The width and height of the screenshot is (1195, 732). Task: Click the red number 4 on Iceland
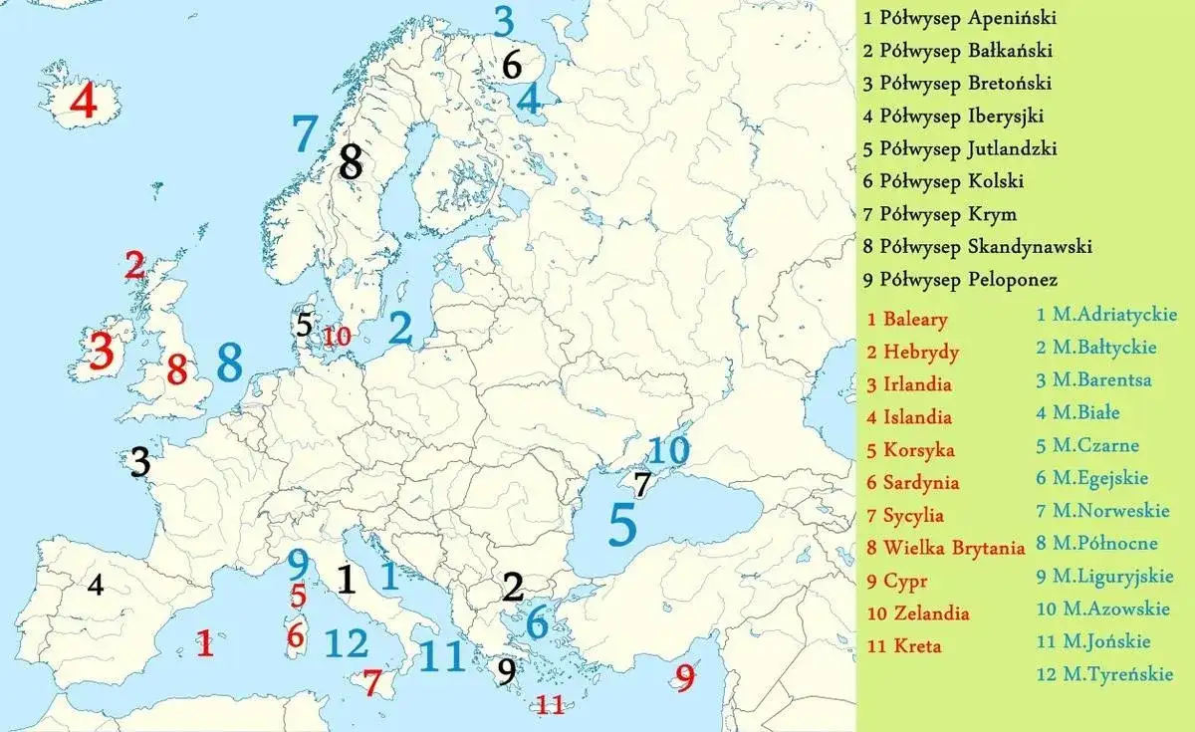pos(83,102)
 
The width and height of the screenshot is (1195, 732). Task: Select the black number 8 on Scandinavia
pos(351,161)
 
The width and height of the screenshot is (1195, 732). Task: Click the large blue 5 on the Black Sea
pos(622,525)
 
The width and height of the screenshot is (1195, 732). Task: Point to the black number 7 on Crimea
pos(642,485)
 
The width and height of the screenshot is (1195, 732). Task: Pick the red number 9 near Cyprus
pos(684,678)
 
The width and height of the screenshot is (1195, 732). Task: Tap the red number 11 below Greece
pos(551,705)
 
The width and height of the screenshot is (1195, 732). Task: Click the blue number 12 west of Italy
pos(346,644)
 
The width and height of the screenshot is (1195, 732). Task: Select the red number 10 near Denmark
pos(337,337)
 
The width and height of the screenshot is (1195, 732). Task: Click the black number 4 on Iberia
pos(96,586)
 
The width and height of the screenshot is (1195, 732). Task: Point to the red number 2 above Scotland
pos(135,266)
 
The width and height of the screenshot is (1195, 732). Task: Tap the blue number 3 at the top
pos(504,20)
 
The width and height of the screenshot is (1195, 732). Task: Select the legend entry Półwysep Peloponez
pos(961,280)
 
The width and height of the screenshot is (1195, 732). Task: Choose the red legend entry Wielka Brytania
pos(945,548)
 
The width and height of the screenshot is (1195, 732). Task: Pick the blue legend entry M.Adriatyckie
pos(1106,315)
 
